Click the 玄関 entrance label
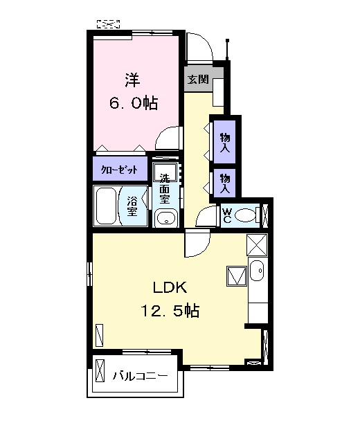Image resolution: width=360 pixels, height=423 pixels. click(198, 80)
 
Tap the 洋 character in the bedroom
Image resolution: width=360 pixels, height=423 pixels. click(132, 80)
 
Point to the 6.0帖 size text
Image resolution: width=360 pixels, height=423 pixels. click(134, 102)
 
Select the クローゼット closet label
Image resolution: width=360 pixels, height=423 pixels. click(119, 170)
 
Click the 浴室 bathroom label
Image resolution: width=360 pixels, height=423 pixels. click(132, 206)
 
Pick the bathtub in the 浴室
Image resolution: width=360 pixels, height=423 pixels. click(106, 206)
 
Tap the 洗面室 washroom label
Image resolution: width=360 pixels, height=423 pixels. click(164, 189)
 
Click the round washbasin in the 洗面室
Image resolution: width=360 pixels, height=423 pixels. click(165, 218)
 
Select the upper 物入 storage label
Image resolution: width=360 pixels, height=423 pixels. click(225, 142)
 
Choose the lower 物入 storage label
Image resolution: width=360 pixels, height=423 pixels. click(224, 183)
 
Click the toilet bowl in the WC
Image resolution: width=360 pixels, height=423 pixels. click(245, 216)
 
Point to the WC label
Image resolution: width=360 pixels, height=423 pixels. click(227, 216)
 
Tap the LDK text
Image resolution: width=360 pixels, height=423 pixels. click(170, 287)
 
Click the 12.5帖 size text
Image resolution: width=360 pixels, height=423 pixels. click(170, 311)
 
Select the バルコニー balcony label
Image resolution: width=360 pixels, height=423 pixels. click(140, 375)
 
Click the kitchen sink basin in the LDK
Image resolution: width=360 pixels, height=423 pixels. click(257, 271)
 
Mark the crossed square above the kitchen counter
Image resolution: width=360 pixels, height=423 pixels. click(257, 244)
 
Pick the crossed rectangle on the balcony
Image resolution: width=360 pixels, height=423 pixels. click(100, 370)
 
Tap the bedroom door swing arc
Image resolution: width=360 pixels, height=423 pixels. click(168, 138)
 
